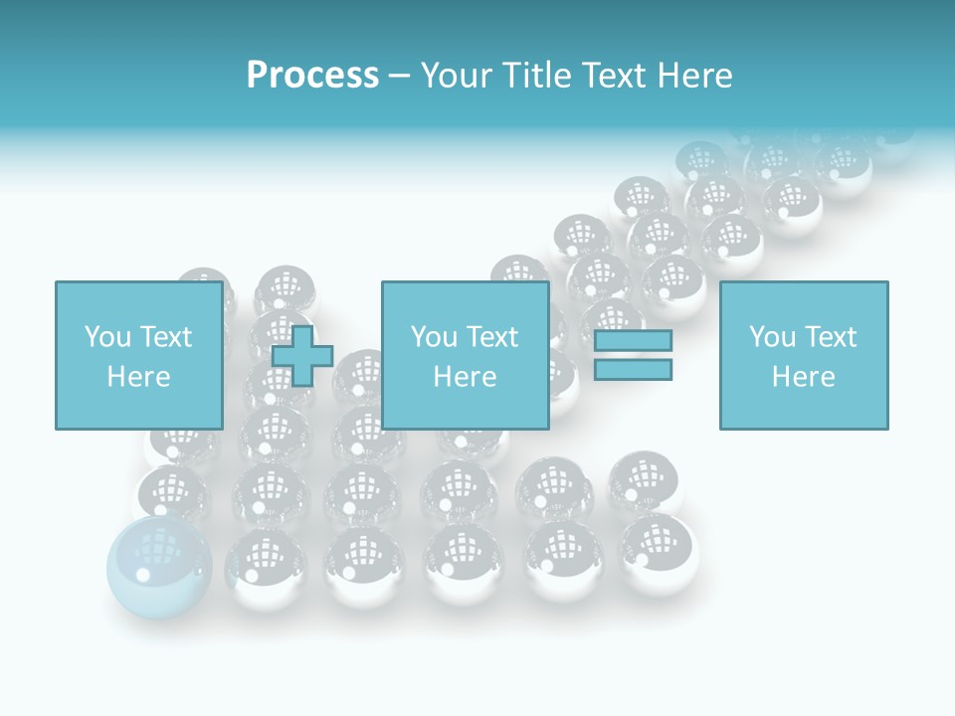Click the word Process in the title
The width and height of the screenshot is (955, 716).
click(312, 76)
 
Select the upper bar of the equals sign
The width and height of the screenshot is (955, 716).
click(633, 341)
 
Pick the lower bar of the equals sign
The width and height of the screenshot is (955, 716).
click(633, 370)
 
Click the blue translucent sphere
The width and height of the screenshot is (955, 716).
click(159, 566)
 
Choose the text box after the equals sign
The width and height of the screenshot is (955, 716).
click(804, 355)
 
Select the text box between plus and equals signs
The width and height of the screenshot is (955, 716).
click(466, 355)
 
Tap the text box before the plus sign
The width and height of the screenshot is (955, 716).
click(138, 355)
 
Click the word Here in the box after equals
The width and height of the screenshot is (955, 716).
click(803, 377)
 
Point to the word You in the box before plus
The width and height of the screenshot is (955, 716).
click(107, 337)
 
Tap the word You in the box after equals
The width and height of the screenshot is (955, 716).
click(772, 337)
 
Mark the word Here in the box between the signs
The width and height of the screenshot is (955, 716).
click(465, 377)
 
